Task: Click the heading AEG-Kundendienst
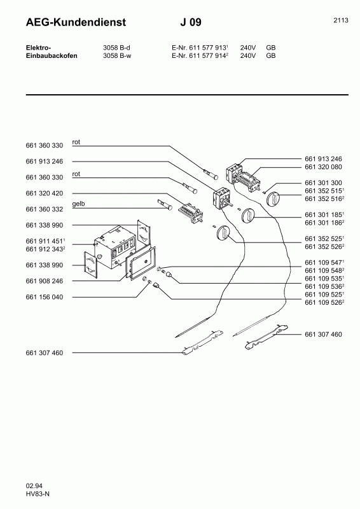point(76,22)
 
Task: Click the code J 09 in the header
point(191,22)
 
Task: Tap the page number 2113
point(341,20)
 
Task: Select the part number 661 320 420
point(45,193)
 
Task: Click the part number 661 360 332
point(45,209)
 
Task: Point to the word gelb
point(79,204)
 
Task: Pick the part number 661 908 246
point(45,281)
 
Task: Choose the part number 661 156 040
point(45,297)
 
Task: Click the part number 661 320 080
point(323,167)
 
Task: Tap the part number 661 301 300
point(323,183)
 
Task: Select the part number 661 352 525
point(323,239)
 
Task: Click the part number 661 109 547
point(323,262)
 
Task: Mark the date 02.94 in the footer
point(34,486)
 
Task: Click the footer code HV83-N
point(38,494)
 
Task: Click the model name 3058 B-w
point(117,55)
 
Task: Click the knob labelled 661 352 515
point(273,199)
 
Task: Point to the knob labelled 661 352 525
point(223,232)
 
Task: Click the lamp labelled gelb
point(165,204)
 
